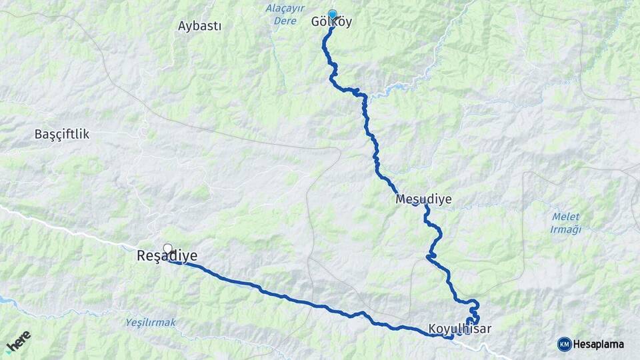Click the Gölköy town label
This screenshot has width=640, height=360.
(331, 22)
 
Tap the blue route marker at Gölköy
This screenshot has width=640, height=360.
(332, 14)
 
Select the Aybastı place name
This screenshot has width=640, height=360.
(199, 26)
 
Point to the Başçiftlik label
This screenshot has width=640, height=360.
(61, 134)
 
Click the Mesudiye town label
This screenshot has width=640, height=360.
(423, 199)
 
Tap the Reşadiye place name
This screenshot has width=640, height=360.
(167, 256)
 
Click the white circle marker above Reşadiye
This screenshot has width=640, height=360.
(167, 247)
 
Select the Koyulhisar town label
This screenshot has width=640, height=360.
(460, 329)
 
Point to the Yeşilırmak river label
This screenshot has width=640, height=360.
(151, 323)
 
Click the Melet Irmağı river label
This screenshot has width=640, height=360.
(566, 223)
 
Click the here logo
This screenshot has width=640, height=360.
(18, 340)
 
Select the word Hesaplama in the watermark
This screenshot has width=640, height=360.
(598, 344)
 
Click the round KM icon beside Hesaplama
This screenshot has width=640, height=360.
(564, 344)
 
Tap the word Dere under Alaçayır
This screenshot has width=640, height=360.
(285, 21)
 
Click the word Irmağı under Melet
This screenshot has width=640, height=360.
(566, 230)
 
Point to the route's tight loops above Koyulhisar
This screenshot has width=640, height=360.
(473, 312)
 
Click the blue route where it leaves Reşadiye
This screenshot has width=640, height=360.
(193, 266)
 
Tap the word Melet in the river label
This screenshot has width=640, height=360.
(566, 217)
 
